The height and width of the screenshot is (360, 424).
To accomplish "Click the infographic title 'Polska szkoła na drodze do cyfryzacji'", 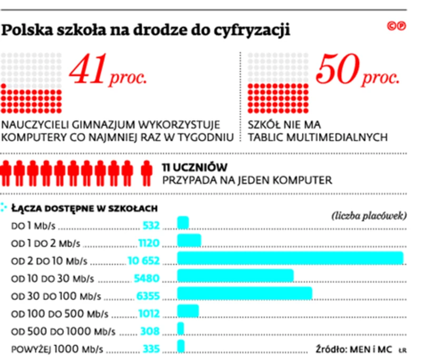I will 146,31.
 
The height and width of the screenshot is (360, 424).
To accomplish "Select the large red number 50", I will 336,70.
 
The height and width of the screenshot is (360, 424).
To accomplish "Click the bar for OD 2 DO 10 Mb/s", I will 290,258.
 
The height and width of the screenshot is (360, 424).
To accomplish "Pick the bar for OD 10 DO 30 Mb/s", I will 235,276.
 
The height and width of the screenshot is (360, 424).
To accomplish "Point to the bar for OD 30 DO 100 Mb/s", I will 244,294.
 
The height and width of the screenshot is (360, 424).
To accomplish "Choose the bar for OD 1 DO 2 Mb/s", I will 189,241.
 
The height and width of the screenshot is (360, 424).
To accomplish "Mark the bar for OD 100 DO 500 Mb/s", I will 188,312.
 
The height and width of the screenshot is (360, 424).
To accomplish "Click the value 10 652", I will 143,260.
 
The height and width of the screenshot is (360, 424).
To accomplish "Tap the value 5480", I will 147,278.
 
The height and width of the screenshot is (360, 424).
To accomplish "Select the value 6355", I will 147,296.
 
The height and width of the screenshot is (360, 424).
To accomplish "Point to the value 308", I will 150,332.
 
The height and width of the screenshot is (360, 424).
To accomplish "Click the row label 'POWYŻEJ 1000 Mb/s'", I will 57,349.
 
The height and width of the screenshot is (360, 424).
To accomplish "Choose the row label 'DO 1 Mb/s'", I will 33,226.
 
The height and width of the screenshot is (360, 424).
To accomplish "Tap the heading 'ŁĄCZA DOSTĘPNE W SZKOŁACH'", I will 84,208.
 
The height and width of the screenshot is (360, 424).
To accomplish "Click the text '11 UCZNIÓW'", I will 194,167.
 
